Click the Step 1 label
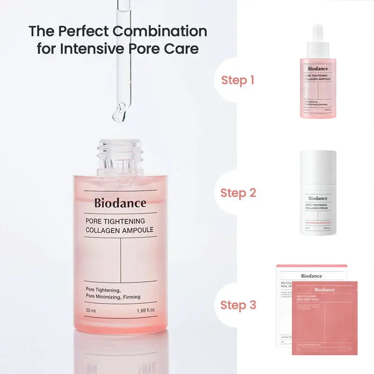click(237, 80)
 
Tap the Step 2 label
click(238, 193)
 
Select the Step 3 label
click(238, 305)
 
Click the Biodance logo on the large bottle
click(120, 203)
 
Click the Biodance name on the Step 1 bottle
click(318, 69)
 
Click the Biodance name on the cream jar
click(318, 198)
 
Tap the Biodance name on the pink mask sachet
click(324, 290)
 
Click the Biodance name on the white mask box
click(311, 276)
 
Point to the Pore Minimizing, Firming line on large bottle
click(113, 297)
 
